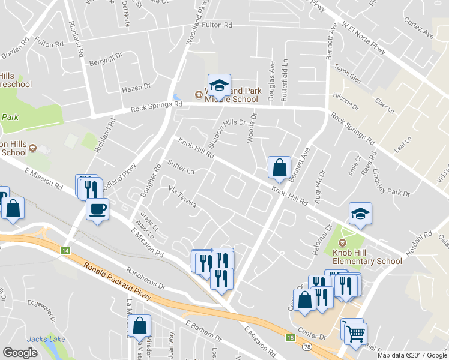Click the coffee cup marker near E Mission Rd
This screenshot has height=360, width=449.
point(97,209)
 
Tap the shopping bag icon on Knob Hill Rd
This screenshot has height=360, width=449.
point(279,167)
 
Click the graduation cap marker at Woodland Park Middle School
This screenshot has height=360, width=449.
point(219,85)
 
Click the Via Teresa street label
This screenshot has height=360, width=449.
point(182,197)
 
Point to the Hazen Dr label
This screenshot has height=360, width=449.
point(136,88)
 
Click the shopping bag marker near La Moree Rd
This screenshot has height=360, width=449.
point(140,328)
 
